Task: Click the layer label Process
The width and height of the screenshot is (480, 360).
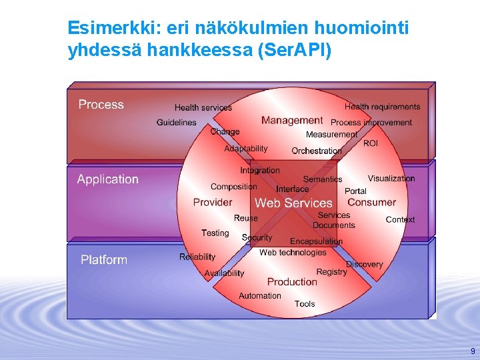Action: click(x=101, y=105)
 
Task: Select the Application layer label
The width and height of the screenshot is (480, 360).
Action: click(x=108, y=179)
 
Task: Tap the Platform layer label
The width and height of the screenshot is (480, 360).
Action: click(x=104, y=259)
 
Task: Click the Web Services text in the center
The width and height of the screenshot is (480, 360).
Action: click(x=293, y=203)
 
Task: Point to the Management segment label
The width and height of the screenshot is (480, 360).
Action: click(x=292, y=121)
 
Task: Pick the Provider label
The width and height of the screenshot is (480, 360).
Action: click(x=213, y=202)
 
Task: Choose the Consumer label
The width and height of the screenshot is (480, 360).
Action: click(x=371, y=202)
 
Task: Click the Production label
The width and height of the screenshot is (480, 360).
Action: click(x=292, y=282)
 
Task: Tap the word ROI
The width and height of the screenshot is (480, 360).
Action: click(x=371, y=143)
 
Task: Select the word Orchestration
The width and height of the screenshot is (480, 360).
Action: click(x=317, y=151)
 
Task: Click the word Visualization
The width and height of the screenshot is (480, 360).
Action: click(x=391, y=179)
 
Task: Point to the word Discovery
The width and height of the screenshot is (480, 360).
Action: click(x=365, y=265)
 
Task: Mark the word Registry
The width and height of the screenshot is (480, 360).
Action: click(x=331, y=272)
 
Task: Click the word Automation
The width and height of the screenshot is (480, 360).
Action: click(x=260, y=296)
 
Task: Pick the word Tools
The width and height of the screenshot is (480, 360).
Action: click(x=305, y=304)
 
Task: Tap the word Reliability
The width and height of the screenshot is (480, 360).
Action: click(x=197, y=257)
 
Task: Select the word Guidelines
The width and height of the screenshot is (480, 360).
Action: click(x=177, y=123)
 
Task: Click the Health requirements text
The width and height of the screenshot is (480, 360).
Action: click(x=382, y=107)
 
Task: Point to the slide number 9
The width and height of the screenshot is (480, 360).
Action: click(x=473, y=351)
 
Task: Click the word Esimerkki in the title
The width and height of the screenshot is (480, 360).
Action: click(x=100, y=28)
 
